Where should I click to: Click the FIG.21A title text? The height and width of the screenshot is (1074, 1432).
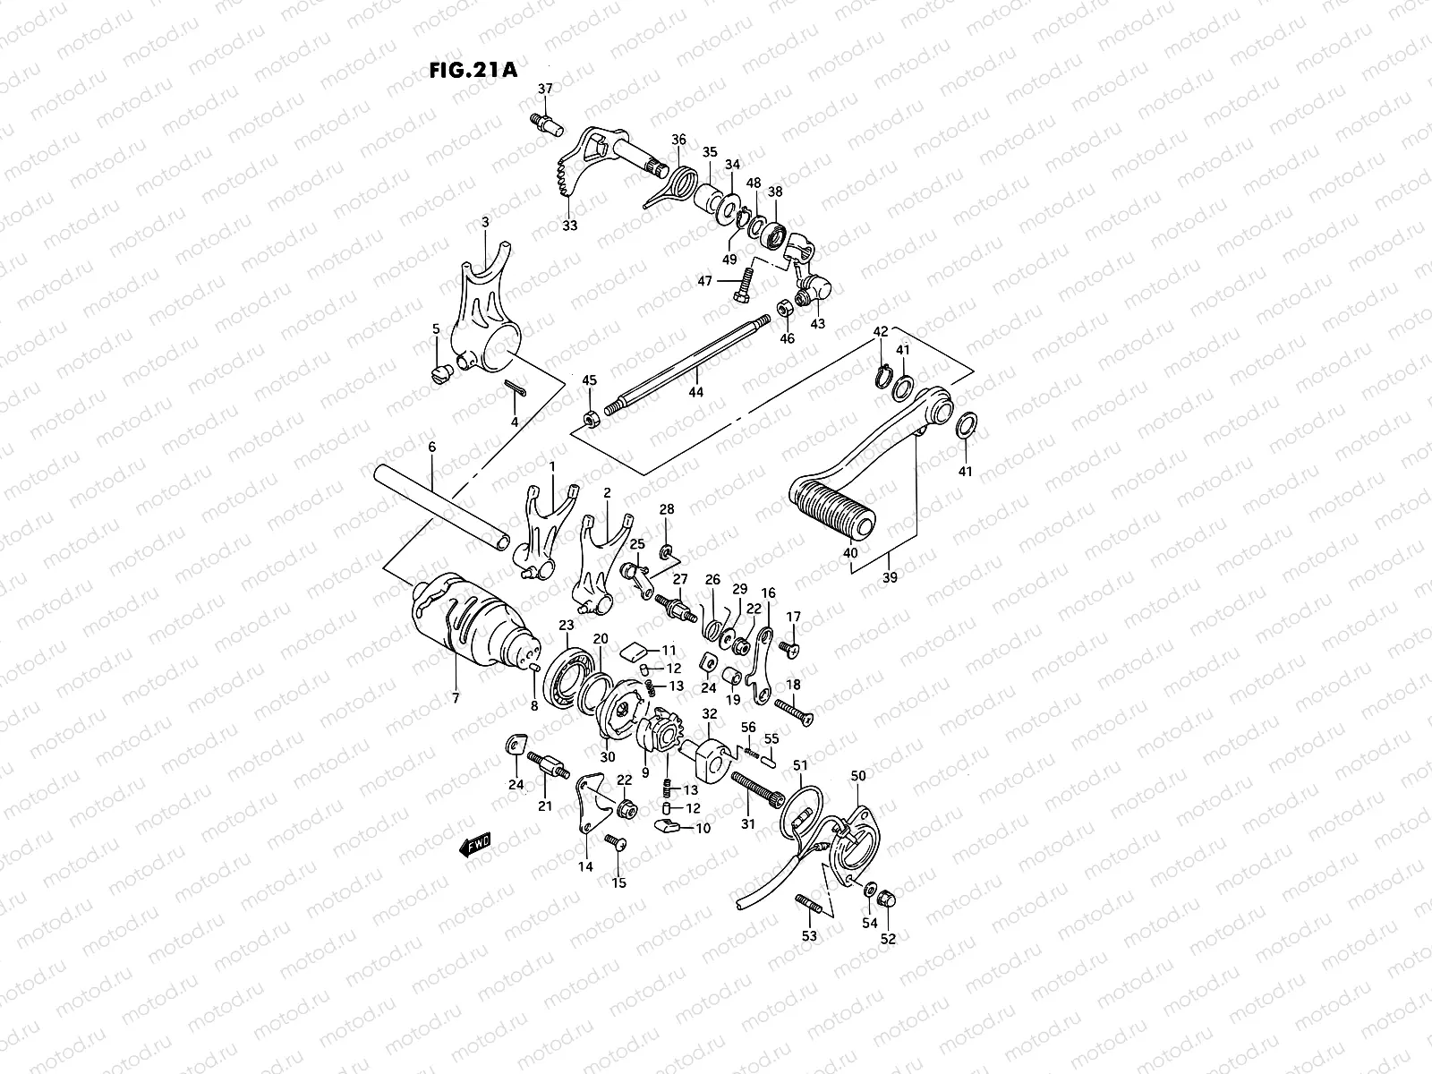[x=473, y=71]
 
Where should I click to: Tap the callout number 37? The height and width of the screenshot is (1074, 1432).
[x=545, y=89]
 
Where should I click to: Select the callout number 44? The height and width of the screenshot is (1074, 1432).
[x=695, y=392]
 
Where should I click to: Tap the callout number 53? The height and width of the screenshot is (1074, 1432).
[x=809, y=936]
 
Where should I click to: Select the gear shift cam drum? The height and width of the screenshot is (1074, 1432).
[x=470, y=622]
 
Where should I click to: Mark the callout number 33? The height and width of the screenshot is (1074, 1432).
[x=570, y=226]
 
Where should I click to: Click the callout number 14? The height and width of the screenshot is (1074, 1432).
[x=585, y=866]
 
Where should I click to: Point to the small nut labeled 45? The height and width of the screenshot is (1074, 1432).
[x=591, y=417]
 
